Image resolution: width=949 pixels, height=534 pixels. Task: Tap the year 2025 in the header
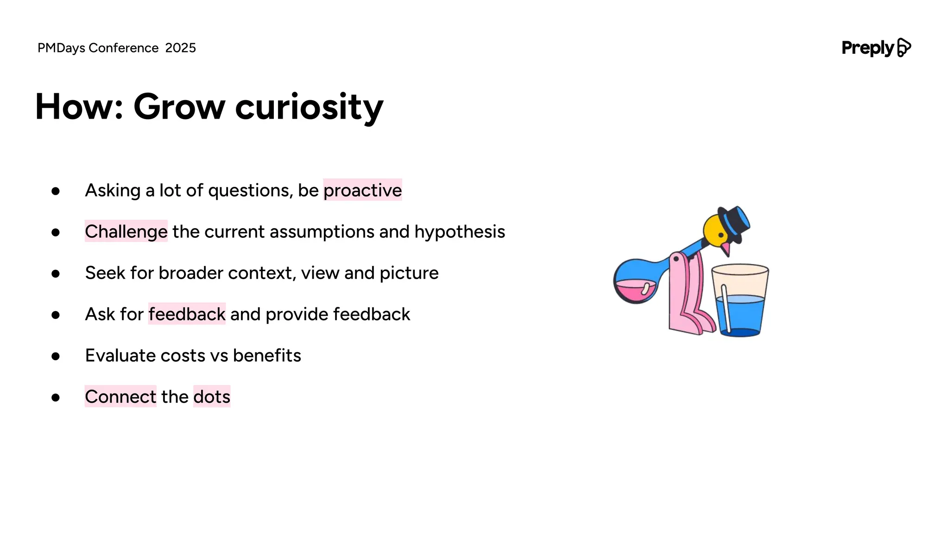pyautogui.click(x=180, y=48)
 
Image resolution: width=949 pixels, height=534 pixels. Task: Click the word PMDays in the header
pyautogui.click(x=61, y=48)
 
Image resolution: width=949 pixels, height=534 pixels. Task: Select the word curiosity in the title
pyautogui.click(x=309, y=107)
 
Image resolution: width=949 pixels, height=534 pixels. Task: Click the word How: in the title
pyautogui.click(x=79, y=107)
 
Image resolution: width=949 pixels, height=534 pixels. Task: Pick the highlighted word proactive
pyautogui.click(x=362, y=190)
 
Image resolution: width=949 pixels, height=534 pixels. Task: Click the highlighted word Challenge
pyautogui.click(x=126, y=231)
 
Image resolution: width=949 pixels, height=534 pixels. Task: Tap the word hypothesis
pyautogui.click(x=459, y=231)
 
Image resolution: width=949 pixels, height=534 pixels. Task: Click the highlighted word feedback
pyautogui.click(x=187, y=314)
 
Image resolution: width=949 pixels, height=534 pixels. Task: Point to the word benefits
pyautogui.click(x=267, y=356)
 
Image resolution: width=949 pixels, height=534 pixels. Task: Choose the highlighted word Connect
pyautogui.click(x=120, y=397)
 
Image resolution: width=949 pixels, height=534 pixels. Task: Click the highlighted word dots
pyautogui.click(x=212, y=397)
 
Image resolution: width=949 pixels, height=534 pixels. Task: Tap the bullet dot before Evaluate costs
pyautogui.click(x=56, y=356)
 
